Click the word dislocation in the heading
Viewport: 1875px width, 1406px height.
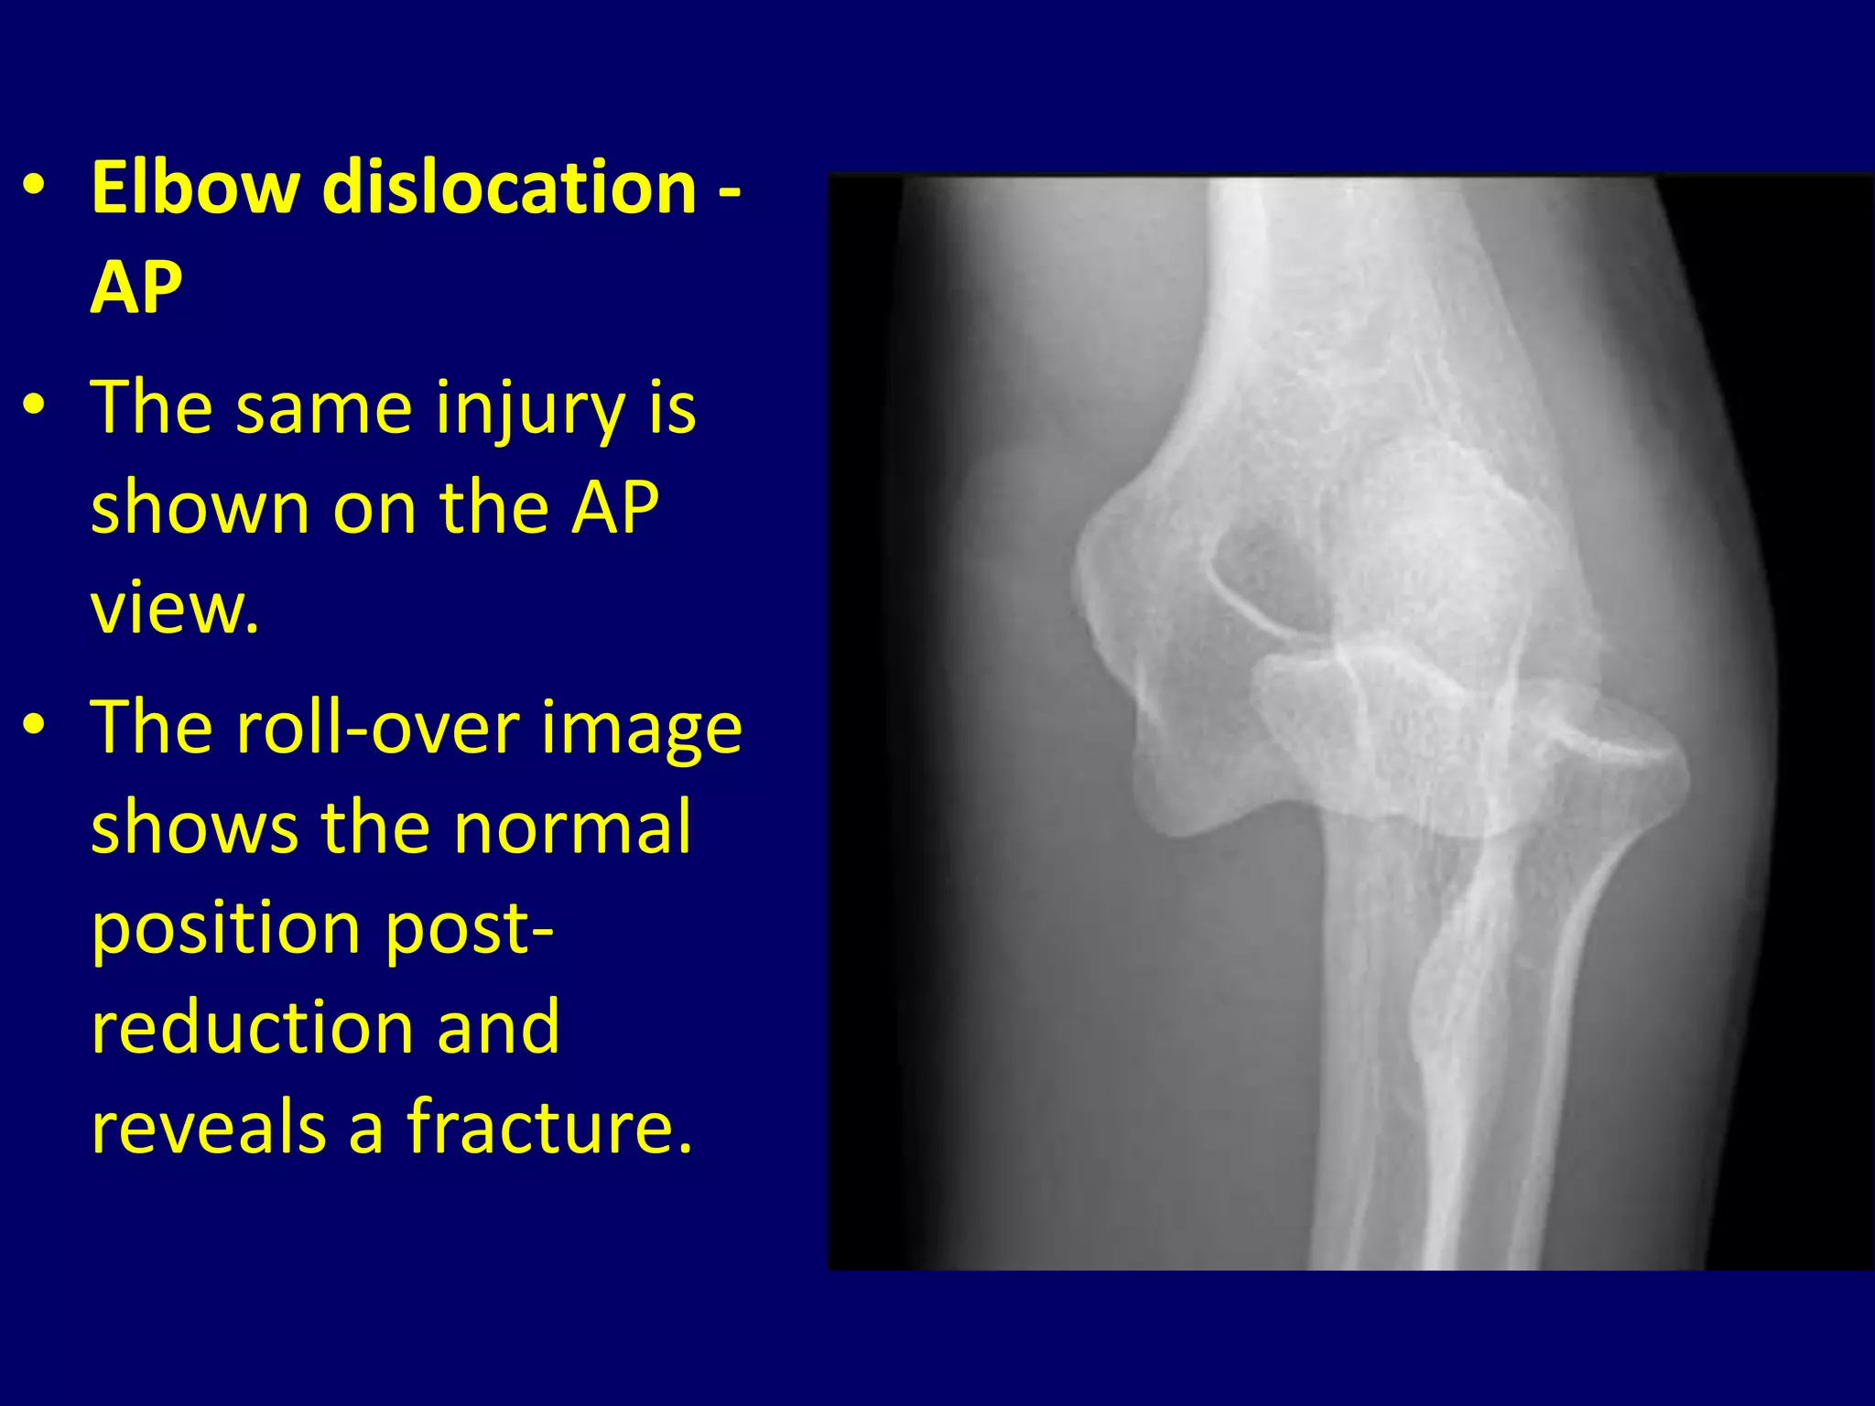point(510,188)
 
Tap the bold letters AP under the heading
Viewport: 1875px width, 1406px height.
point(136,287)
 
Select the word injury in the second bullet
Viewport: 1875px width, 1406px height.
point(530,408)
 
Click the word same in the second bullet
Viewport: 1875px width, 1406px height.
point(324,408)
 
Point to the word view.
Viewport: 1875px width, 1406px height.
point(174,607)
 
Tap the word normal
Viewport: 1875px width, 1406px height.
point(572,827)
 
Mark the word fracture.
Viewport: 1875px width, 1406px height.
point(549,1126)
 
